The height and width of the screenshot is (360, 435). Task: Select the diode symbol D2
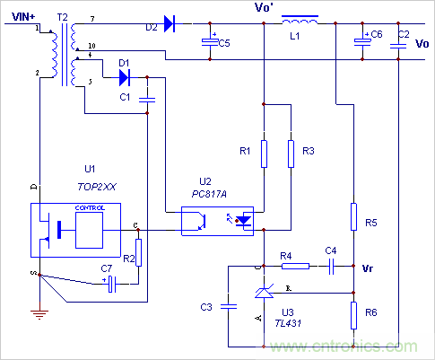tap(170, 24)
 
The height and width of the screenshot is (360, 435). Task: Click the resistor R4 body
tap(295, 266)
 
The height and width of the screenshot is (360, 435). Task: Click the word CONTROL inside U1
tap(90, 207)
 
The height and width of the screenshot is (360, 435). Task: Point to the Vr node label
tap(367, 267)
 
